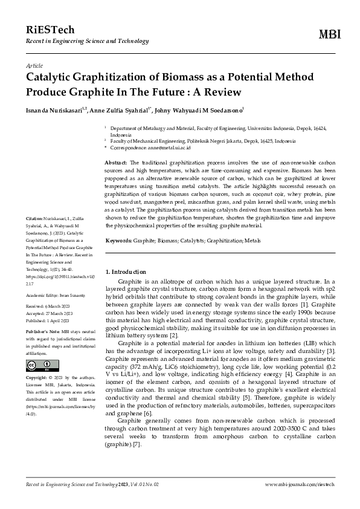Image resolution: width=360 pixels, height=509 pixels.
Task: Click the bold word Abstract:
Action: (x=116, y=163)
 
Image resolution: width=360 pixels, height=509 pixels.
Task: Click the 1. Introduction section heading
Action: (x=126, y=272)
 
